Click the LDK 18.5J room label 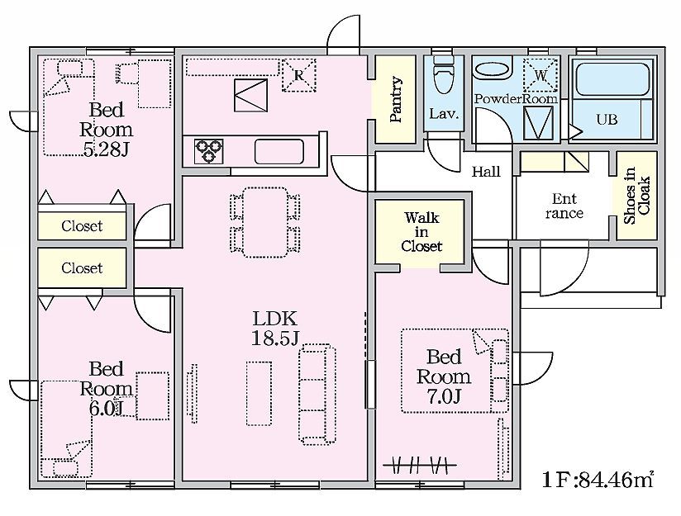pos(275,328)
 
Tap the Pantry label pos(396,100)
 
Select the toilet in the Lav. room pos(444,74)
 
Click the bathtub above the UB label pos(612,79)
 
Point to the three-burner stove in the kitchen pos(208,151)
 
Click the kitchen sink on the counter pos(279,151)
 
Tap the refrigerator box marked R pos(299,75)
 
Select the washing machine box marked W pos(541,75)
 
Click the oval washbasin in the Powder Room pos(493,70)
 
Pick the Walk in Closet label pos(421,232)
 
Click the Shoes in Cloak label pos(636,196)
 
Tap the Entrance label pos(564,206)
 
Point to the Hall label pos(486,172)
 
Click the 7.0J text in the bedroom pos(444,396)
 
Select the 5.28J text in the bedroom pos(106,149)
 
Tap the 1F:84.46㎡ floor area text pos(598,480)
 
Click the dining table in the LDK pos(264,222)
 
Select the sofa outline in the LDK pos(317,394)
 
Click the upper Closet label pos(82,225)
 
